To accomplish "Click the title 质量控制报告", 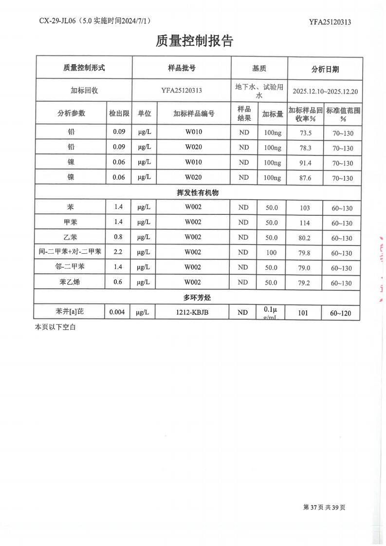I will (194, 41).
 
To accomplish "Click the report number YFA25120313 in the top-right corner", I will (330, 22).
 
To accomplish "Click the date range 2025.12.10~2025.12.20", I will (325, 91).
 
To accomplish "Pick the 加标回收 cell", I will (84, 91).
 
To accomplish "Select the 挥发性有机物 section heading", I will (197, 193).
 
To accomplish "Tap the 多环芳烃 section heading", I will (197, 298).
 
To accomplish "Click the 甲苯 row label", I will (71, 223).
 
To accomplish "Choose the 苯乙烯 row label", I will (71, 282).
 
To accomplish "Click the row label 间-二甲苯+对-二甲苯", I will (70, 252).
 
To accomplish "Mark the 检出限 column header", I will (119, 113).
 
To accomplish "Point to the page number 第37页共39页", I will (324, 508).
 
